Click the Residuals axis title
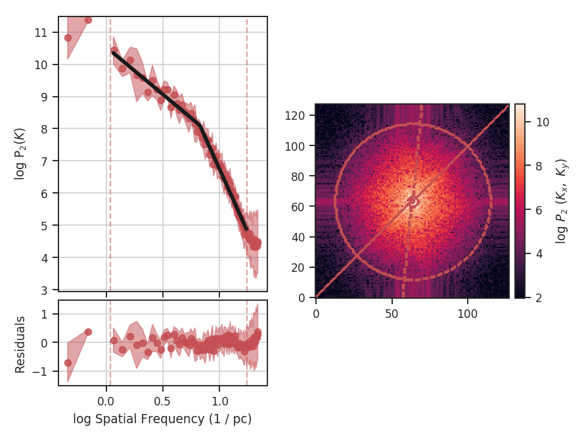coord(20,344)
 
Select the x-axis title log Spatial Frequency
coord(162,419)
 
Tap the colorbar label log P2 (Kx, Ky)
coord(561,201)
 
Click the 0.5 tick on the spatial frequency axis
coord(163,399)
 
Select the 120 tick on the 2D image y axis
coord(301,116)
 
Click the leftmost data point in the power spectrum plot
coord(68,38)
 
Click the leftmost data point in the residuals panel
coord(68,363)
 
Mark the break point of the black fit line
coord(200,124)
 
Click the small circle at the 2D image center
coord(413,201)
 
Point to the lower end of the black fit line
coord(246,229)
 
